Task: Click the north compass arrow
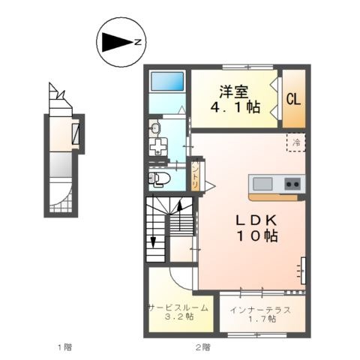[117, 43]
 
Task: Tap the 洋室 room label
[234, 91]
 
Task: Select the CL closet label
[293, 99]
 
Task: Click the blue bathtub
[167, 81]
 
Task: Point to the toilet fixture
[159, 178]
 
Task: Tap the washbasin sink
[155, 128]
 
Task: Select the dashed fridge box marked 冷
[296, 142]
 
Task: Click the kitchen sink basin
[262, 184]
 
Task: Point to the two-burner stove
[293, 184]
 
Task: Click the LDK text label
[256, 220]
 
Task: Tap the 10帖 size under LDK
[257, 236]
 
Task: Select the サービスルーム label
[178, 307]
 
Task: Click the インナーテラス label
[260, 310]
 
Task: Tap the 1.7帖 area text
[261, 319]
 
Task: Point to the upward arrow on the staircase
[179, 215]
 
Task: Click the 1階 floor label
[64, 347]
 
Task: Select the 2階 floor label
[202, 347]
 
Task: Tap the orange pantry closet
[195, 175]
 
